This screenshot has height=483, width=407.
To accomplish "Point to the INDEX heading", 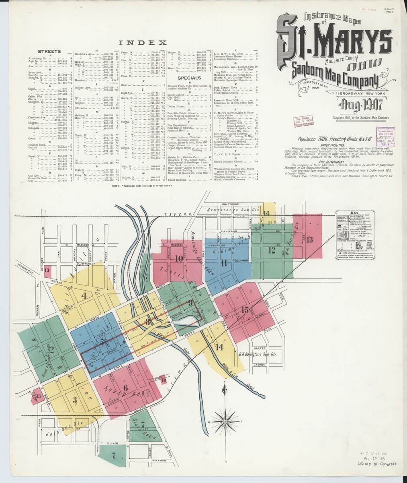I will point(143,42).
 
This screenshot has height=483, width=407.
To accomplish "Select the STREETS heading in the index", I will point(49,52).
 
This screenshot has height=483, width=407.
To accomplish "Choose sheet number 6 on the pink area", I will point(126,388).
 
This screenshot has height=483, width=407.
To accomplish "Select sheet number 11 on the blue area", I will point(224,263).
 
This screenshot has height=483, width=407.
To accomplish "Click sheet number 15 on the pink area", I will point(245,310).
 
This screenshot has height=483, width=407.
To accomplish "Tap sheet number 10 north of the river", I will point(180,259).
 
